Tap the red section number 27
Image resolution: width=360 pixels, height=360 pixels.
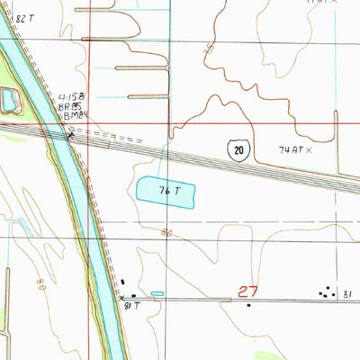click(x=249, y=291)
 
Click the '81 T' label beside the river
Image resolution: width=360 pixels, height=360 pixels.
click(x=132, y=307)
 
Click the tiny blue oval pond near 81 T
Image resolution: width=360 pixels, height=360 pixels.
click(x=157, y=293)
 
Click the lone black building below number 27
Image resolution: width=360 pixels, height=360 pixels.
click(x=248, y=304)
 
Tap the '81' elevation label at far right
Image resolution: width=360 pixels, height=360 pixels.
click(x=346, y=292)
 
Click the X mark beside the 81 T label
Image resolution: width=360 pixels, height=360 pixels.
click(x=122, y=298)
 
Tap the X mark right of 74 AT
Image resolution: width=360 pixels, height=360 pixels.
click(x=308, y=150)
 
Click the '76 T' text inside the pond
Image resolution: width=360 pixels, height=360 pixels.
click(x=166, y=191)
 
